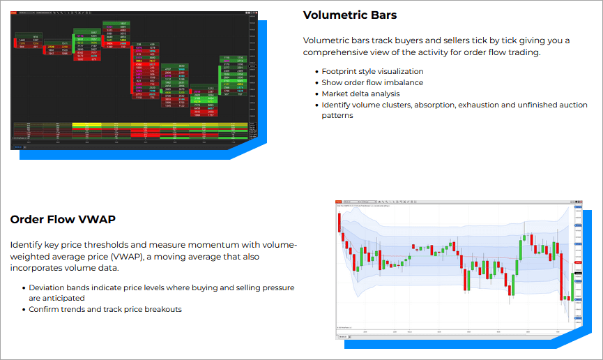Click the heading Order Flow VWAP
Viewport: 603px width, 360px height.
point(63,220)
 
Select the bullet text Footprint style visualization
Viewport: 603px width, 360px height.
point(372,71)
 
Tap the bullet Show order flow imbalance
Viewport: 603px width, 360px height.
point(372,82)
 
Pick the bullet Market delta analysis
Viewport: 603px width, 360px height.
point(360,93)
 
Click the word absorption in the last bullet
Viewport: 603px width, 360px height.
point(443,105)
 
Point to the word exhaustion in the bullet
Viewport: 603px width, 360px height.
point(492,105)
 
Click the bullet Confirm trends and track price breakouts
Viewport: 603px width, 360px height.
point(105,309)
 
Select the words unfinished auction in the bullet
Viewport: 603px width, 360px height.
point(558,105)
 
